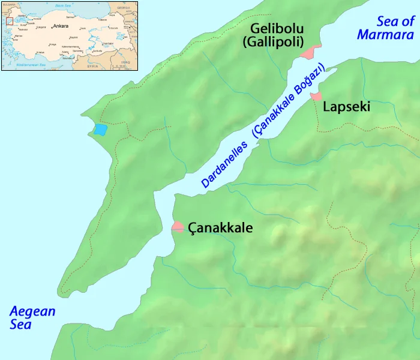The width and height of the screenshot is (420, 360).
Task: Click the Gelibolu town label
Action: pos(278,28)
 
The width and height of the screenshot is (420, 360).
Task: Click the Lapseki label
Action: pos(346,107)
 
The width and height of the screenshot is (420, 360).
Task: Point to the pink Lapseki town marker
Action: pos(316,95)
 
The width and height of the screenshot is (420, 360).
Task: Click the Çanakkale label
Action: pos(220,228)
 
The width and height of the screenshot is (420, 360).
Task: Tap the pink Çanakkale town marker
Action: pos(178,227)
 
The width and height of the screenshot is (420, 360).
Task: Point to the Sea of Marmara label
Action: pos(386,28)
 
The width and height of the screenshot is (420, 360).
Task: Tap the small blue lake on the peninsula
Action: pos(101,129)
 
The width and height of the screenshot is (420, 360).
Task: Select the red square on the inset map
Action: pos(10,21)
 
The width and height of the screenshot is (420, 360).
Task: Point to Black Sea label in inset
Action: pos(63,5)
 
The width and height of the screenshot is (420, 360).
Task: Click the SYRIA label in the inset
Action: pos(92,65)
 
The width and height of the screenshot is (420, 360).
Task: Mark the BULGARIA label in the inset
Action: pos(8,5)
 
